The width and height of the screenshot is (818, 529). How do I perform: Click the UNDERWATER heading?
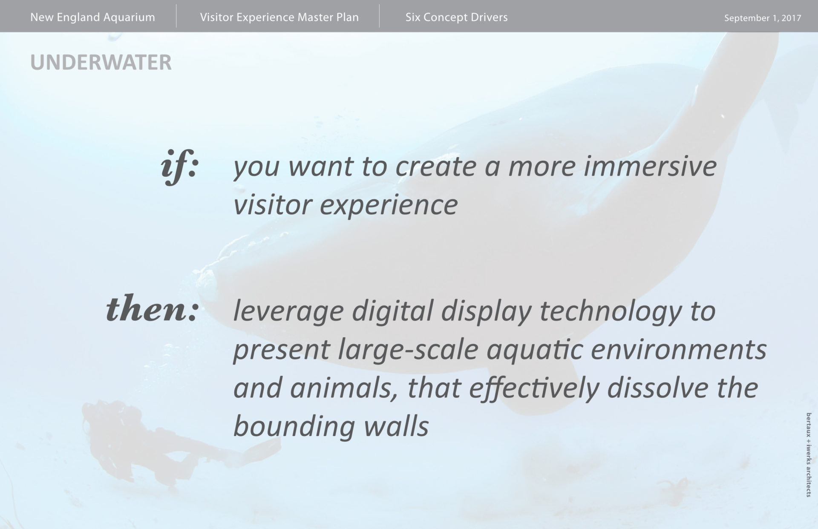[101, 62]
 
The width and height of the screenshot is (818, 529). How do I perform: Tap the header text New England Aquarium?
[93, 17]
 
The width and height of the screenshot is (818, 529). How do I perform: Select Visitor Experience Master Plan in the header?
[279, 17]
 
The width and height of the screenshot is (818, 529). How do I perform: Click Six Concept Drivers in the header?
[457, 17]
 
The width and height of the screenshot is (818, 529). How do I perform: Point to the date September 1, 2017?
[763, 18]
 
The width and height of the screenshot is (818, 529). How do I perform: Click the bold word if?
[180, 167]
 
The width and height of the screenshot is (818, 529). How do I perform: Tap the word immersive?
[650, 166]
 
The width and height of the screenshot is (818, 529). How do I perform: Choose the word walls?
[396, 426]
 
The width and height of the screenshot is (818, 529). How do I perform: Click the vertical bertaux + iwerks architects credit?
[808, 454]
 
